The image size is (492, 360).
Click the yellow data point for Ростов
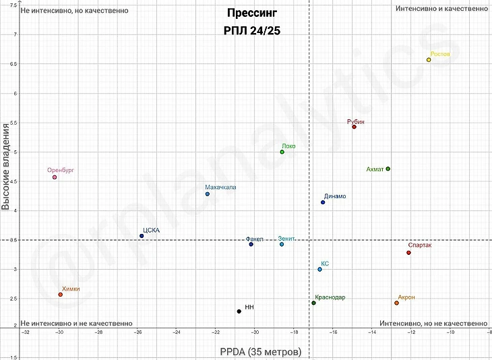pos(429,60)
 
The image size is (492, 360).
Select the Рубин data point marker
pos(354,127)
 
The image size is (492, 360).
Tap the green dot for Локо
pos(282,152)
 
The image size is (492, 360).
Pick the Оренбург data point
pos(55,177)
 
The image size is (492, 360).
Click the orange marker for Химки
pos(61,295)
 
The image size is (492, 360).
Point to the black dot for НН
pos(239,311)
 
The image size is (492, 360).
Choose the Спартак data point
pos(408,253)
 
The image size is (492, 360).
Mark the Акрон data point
pos(396,303)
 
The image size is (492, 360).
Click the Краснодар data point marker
pos(313,303)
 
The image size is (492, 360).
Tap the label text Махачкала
pos(221,187)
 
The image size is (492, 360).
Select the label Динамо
pos(335,196)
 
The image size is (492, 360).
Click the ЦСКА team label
pos(151,230)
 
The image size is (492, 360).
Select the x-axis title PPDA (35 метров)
pos(260,352)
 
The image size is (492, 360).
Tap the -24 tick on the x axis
pos(177,332)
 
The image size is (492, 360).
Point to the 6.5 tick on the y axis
pos(13,64)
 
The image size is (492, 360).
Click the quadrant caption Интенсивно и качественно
pos(441,9)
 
